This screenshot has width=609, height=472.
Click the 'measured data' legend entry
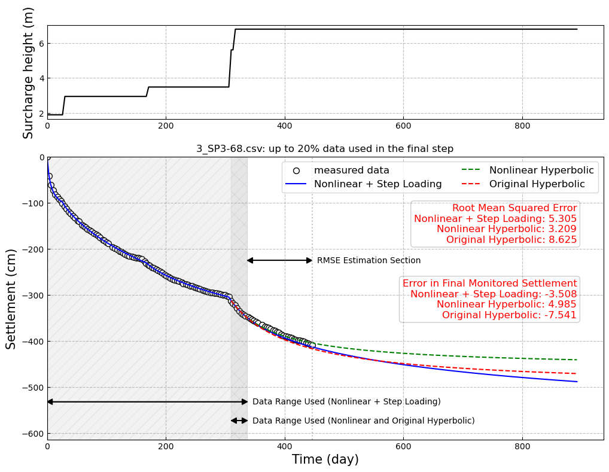pos(351,170)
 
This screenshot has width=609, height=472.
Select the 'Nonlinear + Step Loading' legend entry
pos(377,184)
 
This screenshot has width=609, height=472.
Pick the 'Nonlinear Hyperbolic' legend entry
pos(541,170)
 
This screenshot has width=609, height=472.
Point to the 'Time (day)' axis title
pos(325,459)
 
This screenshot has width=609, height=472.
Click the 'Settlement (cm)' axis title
pos(11,299)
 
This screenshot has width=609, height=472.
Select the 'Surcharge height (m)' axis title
pos(28,72)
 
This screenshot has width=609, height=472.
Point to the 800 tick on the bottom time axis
pos(522,446)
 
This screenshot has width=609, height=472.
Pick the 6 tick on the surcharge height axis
pos(41,44)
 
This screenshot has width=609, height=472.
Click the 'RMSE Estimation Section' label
pos(369,261)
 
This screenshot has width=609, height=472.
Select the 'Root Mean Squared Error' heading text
pos(514,208)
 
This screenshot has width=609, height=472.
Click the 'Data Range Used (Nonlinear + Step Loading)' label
pos(346,402)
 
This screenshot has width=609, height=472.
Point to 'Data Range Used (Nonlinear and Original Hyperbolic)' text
pos(363,421)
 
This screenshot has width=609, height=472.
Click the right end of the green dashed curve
pos(577,360)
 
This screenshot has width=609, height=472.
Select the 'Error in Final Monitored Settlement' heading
pos(489,284)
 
